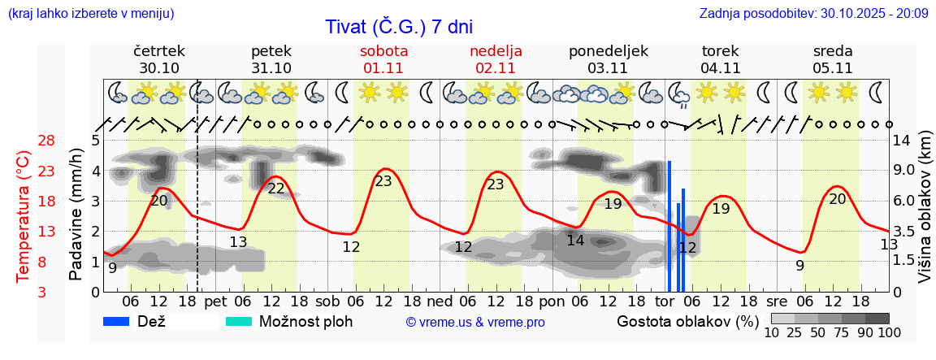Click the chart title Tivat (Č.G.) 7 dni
click(x=398, y=27)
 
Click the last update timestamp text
click(x=812, y=14)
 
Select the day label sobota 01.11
click(x=383, y=59)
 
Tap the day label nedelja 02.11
click(x=496, y=59)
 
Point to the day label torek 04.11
click(x=720, y=59)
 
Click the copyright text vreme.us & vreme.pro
click(x=475, y=322)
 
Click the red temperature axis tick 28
click(x=46, y=141)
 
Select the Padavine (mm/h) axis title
click(x=76, y=215)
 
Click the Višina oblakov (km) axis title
click(x=925, y=215)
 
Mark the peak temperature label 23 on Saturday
click(x=383, y=181)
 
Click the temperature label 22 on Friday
click(x=276, y=189)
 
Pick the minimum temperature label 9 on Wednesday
click(x=799, y=265)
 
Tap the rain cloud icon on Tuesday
click(x=678, y=94)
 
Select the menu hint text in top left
click(x=90, y=14)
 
